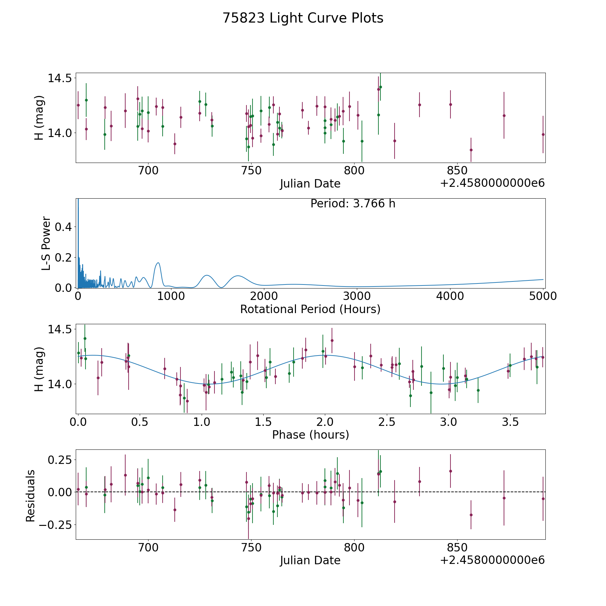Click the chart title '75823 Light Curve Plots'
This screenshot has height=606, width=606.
pos(303,18)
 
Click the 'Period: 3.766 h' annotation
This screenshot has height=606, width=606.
pos(353,204)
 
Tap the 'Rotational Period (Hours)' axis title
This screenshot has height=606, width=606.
pos(310,309)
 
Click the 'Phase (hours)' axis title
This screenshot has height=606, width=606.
pos(310,435)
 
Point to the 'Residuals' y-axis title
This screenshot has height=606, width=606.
pos(30,496)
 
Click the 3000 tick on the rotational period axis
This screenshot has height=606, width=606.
pos(357,296)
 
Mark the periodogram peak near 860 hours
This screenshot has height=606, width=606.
pos(158,263)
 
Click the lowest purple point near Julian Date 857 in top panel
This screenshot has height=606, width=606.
pos(471,150)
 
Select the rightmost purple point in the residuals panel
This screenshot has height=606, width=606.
pos(543,499)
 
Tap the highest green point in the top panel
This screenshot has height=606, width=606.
pos(380,87)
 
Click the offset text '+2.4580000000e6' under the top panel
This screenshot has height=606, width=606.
pos(492,183)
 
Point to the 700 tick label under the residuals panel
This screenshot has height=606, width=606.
pos(148,547)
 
